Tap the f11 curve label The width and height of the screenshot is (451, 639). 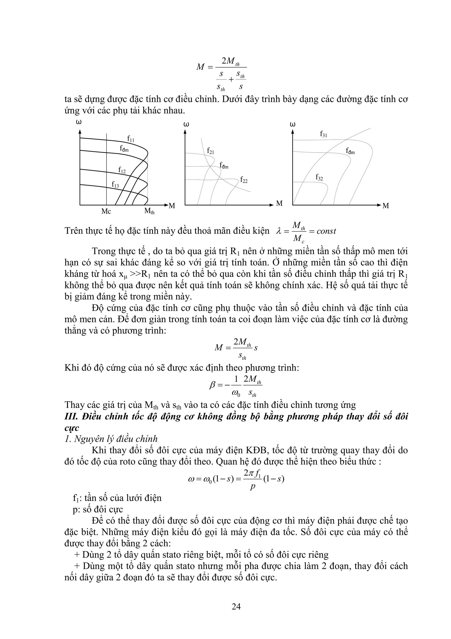click(131, 138)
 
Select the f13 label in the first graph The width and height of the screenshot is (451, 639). click(115, 184)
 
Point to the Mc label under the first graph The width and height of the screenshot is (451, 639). click(106, 212)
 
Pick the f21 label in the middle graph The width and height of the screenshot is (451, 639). click(210, 151)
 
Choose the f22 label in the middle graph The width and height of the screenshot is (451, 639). click(244, 180)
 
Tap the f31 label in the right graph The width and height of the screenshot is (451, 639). click(323, 134)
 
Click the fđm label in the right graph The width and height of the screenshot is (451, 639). click(350, 151)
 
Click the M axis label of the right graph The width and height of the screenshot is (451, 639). click(386, 206)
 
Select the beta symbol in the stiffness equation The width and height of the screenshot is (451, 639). click(212, 385)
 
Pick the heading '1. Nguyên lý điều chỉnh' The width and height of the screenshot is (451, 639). click(111, 439)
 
